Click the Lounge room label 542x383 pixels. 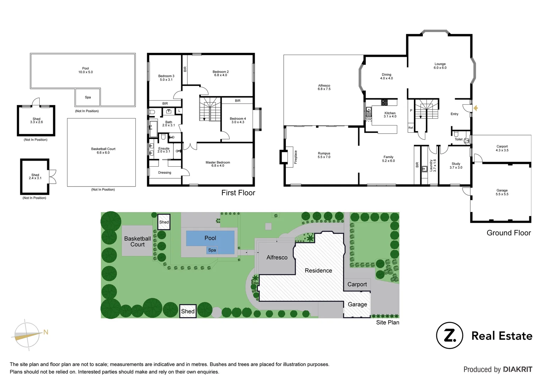click(x=440, y=66)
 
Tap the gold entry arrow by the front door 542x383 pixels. click(x=476, y=108)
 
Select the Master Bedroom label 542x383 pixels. click(x=217, y=164)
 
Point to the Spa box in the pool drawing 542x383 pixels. click(x=88, y=97)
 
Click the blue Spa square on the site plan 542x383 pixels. click(x=212, y=250)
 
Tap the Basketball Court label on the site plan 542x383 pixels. click(x=137, y=242)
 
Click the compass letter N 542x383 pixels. click(x=46, y=332)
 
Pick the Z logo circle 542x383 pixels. click(x=449, y=335)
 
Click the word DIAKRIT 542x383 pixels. click(x=517, y=370)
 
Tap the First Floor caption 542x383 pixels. click(x=238, y=193)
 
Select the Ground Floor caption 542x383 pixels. click(x=508, y=233)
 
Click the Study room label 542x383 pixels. click(x=456, y=166)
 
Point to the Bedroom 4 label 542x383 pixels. click(x=238, y=120)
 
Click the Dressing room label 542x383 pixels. click(x=165, y=173)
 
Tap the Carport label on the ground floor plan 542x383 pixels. click(x=502, y=148)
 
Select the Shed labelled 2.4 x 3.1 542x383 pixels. click(x=35, y=177)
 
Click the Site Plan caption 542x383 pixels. click(x=387, y=322)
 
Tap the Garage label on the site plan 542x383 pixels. click(x=357, y=304)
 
